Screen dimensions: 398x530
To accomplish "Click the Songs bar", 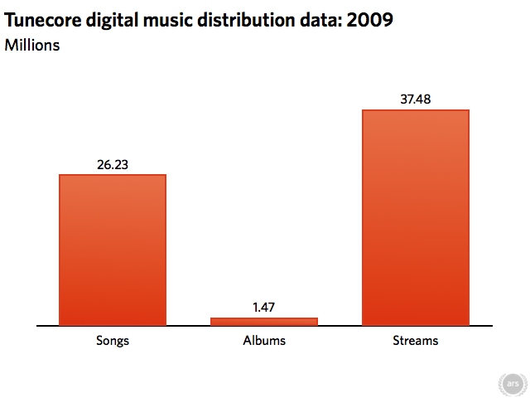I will [113, 250].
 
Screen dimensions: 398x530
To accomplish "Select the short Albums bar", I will [264, 322].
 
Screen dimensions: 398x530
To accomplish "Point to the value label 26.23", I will [113, 164].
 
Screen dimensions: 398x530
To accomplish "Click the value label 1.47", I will [264, 307].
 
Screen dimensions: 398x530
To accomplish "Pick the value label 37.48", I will [416, 99].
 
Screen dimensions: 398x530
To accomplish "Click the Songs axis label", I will [113, 341].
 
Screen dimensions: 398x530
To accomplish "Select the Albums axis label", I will [264, 341].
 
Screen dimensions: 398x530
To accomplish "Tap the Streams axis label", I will [416, 341].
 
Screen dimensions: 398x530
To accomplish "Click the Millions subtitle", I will [32, 45].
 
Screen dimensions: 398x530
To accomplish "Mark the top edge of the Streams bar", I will [416, 110].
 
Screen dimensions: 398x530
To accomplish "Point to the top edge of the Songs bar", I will [113, 175].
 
